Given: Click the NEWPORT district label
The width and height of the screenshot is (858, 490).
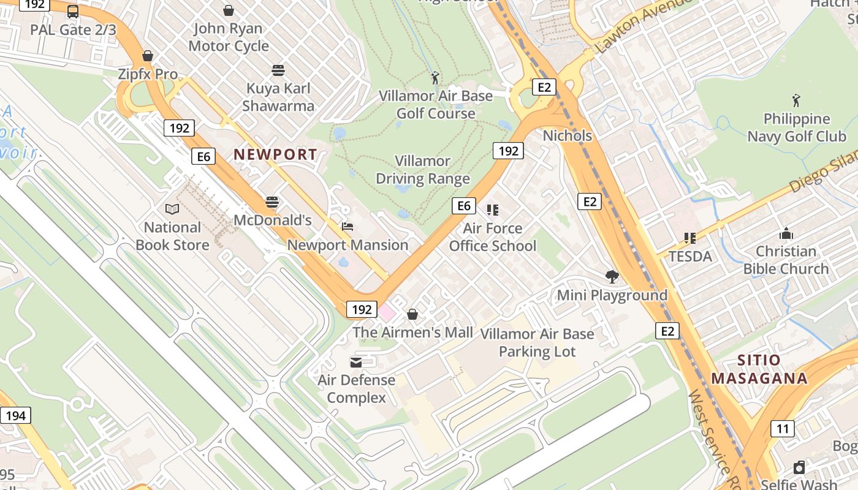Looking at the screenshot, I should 275,155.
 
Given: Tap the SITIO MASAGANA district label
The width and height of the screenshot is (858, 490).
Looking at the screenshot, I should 759,369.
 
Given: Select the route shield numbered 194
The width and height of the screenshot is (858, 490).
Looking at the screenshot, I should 15,416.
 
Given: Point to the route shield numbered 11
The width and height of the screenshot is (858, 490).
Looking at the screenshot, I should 783,428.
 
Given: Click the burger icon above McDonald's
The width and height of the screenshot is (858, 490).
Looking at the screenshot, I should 272,202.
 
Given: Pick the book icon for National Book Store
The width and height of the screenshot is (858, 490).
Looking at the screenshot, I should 172,209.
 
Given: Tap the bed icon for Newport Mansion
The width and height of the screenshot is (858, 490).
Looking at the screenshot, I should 347,227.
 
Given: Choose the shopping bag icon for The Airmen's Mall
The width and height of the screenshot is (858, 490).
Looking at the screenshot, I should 412,314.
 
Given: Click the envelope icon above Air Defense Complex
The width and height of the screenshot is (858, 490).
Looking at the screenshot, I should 356,362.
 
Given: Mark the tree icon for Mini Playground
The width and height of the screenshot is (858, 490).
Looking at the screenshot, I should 611,276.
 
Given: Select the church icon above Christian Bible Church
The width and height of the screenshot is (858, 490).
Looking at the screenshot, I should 786,233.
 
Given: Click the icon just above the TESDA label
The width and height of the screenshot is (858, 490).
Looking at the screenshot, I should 690,238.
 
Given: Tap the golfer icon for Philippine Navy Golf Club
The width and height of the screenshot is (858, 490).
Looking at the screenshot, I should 796,100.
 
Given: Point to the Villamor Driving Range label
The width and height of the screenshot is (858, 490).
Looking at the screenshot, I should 423,170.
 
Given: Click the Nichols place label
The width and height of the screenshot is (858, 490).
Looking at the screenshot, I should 568,135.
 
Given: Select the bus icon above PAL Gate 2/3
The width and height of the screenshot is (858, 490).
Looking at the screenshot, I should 73,11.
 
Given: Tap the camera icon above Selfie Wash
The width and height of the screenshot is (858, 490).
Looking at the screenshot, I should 799,467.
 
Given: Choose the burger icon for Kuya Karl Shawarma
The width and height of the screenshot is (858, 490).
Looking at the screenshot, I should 278,70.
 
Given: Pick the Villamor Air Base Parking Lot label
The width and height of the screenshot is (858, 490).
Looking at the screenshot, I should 537,342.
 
